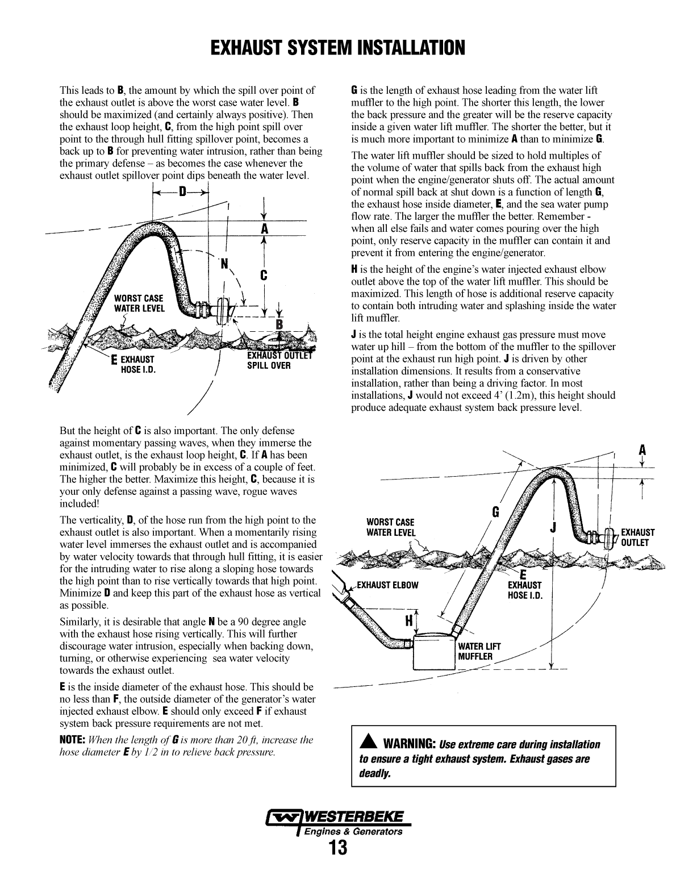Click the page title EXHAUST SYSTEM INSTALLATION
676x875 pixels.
tap(337, 48)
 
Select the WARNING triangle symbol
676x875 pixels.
tap(368, 744)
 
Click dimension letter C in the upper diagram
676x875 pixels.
tap(264, 276)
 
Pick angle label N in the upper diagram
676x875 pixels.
tap(224, 264)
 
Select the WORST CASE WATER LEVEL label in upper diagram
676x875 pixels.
tap(139, 303)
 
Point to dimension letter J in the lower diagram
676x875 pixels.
tap(553, 527)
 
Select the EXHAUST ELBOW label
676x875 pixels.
tap(387, 585)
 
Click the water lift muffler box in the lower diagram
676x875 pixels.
tap(433, 653)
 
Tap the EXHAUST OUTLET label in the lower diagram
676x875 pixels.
tap(637, 537)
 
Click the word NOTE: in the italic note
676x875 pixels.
tap(73, 740)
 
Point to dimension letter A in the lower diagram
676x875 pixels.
tap(642, 450)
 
